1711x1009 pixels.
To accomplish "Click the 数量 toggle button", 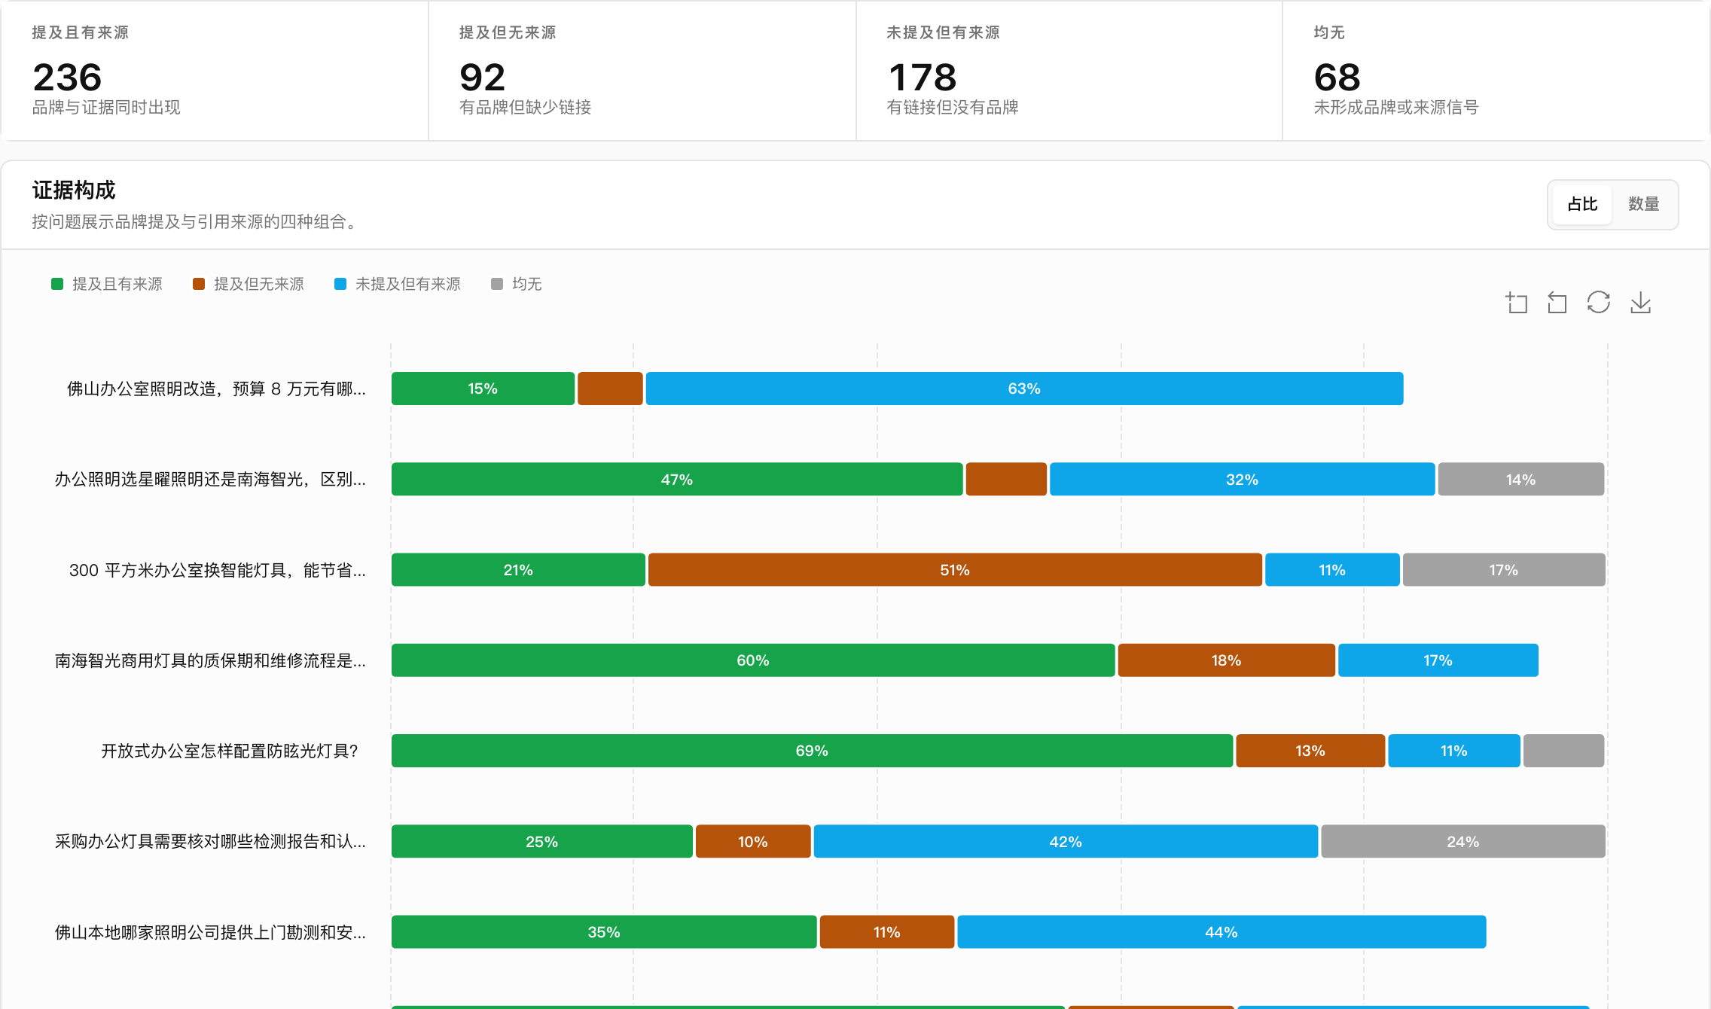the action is pyautogui.click(x=1643, y=204).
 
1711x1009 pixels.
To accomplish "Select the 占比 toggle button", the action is pyautogui.click(x=1582, y=204).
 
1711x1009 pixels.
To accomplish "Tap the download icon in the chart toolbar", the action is pyautogui.click(x=1640, y=303).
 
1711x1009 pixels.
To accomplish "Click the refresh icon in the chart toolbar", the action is pyautogui.click(x=1598, y=303).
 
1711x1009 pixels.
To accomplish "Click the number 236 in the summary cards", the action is pyautogui.click(x=67, y=78).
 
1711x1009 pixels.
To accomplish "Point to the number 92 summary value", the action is pyautogui.click(x=482, y=78).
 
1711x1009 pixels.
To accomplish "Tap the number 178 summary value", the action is pyautogui.click(x=922, y=78).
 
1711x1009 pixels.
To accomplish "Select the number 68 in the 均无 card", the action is pyautogui.click(x=1337, y=78).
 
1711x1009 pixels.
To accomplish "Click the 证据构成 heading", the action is pyautogui.click(x=74, y=190).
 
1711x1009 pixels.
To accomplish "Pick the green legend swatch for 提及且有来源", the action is pyautogui.click(x=57, y=284).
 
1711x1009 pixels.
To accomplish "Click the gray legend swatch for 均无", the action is pyautogui.click(x=497, y=284).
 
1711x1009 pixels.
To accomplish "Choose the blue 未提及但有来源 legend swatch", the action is pyautogui.click(x=340, y=284).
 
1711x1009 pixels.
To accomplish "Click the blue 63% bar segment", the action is pyautogui.click(x=1024, y=389).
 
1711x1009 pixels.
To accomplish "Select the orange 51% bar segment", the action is pyautogui.click(x=955, y=570).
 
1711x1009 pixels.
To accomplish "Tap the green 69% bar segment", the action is pyautogui.click(x=812, y=751).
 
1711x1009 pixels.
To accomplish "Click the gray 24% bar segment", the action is pyautogui.click(x=1462, y=841).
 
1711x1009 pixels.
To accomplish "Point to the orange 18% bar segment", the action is pyautogui.click(x=1226, y=660).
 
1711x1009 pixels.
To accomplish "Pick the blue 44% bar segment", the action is pyautogui.click(x=1221, y=932).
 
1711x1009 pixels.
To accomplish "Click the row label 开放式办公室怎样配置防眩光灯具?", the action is pyautogui.click(x=230, y=751).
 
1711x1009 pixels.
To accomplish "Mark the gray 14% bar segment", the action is pyautogui.click(x=1520, y=480).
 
